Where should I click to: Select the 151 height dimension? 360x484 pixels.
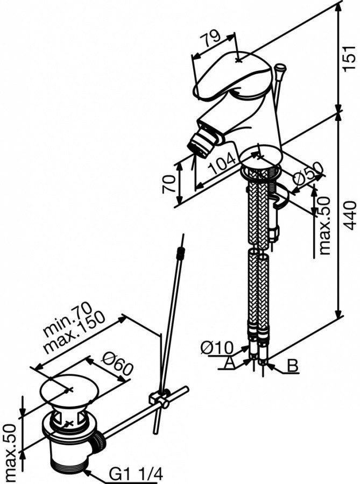click(350, 54)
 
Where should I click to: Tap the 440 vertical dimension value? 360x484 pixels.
click(350, 216)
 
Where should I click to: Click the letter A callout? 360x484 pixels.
click(229, 363)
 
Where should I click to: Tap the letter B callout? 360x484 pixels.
click(292, 366)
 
